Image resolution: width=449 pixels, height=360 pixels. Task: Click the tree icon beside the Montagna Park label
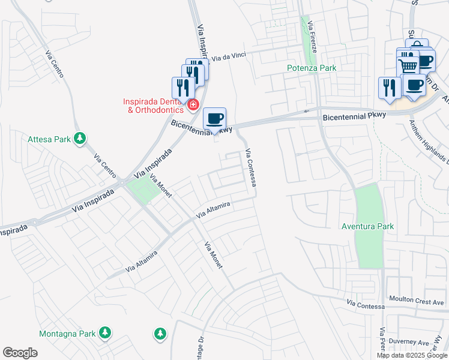tap(105, 332)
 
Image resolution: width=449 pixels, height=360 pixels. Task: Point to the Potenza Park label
tap(312, 68)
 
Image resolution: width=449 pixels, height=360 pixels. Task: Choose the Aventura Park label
tap(368, 226)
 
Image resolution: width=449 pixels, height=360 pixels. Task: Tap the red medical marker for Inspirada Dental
tap(193, 106)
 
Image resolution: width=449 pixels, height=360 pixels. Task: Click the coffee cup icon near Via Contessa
tap(214, 119)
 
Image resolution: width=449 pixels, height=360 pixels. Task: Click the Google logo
tap(20, 353)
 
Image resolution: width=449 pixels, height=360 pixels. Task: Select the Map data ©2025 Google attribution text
tap(412, 355)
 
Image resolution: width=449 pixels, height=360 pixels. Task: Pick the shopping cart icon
tap(408, 65)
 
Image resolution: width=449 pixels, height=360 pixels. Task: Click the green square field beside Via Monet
tap(140, 191)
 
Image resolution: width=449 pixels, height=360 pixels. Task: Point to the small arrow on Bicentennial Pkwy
tap(307, 111)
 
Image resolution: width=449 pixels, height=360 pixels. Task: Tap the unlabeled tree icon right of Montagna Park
tap(160, 332)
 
